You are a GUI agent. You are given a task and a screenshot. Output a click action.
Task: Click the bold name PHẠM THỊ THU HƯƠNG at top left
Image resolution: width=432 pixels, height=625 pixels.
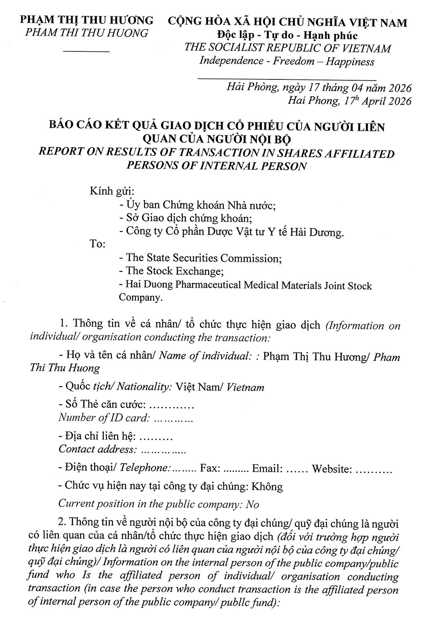[87, 20]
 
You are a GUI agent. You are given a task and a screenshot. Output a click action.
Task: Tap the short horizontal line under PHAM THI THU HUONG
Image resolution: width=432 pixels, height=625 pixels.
[86, 52]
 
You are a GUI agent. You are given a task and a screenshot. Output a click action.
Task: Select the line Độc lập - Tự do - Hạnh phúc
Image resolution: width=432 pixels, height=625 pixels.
[288, 35]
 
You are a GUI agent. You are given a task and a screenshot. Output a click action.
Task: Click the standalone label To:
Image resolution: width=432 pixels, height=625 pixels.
[98, 244]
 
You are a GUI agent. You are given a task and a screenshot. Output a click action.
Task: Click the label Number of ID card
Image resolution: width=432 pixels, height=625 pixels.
[104, 418]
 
